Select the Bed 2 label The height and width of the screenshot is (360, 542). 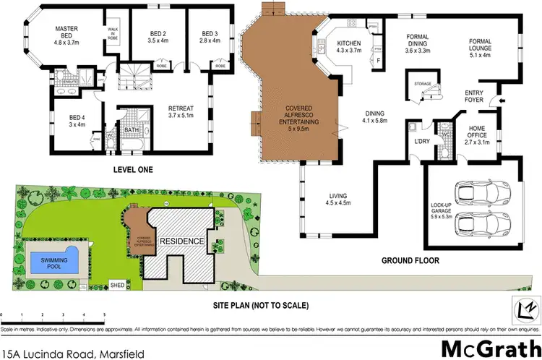click(158, 37)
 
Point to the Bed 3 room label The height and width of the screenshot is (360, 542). click(210, 37)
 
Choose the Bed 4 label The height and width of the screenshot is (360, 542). click(77, 121)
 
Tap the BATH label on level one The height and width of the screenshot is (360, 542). click(131, 131)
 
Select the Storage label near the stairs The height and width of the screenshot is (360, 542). click(423, 84)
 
